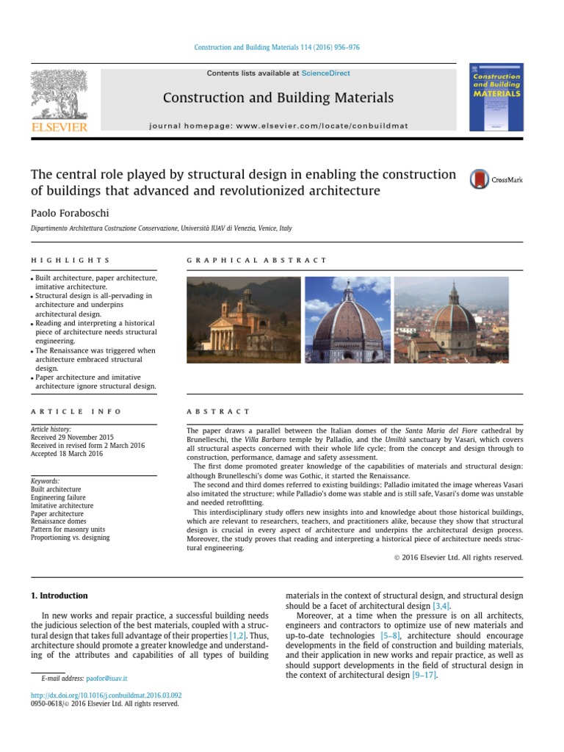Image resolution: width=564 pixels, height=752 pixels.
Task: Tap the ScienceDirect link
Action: point(325,73)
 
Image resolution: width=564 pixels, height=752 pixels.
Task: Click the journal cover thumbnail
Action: point(496,97)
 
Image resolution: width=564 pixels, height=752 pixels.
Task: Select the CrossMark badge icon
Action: point(480,180)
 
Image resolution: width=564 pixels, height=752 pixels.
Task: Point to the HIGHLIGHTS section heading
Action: point(70,260)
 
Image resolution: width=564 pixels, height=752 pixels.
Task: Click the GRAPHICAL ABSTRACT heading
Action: point(256,260)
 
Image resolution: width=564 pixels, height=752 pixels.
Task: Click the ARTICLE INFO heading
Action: point(76,412)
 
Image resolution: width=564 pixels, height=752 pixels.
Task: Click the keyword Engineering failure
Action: point(61,497)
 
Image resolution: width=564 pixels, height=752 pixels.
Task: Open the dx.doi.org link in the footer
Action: point(106,695)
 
